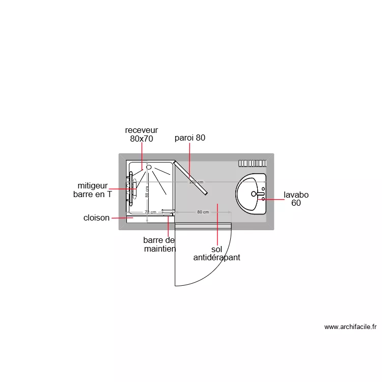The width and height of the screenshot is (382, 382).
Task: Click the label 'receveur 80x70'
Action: (141, 134)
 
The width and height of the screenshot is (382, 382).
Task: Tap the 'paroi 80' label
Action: (189, 138)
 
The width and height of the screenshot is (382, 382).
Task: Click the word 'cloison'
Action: (96, 218)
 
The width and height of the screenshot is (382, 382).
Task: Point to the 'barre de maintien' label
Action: (159, 244)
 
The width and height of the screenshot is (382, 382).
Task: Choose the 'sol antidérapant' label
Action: (216, 254)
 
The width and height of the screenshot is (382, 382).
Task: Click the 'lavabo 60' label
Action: (296, 199)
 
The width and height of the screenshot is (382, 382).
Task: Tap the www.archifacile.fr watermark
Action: (350, 327)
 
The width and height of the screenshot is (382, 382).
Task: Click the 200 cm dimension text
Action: (196, 182)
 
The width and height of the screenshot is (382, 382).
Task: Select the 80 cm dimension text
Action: (203, 212)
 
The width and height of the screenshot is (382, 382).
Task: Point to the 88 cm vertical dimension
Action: (147, 192)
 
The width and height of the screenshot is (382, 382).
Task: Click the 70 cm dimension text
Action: (150, 212)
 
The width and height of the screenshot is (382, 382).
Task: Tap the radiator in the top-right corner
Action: (253, 163)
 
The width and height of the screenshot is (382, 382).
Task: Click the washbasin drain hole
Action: (254, 194)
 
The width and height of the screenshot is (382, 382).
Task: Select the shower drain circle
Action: (149, 167)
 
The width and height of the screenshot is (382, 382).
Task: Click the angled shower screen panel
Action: (191, 178)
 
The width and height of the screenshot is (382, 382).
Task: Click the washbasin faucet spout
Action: (260, 194)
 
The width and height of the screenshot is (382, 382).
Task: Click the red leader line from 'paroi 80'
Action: (189, 158)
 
